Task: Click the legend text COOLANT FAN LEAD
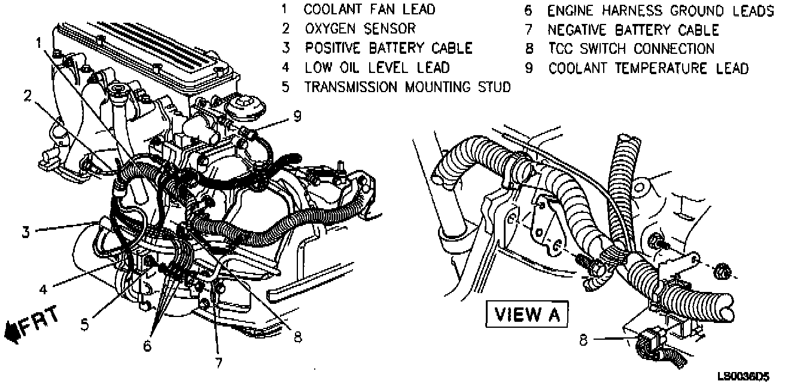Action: [x=369, y=10]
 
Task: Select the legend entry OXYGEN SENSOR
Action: [x=360, y=29]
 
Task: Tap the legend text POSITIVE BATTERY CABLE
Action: [x=388, y=48]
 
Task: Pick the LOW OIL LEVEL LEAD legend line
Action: [x=377, y=68]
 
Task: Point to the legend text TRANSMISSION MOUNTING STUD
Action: [x=407, y=87]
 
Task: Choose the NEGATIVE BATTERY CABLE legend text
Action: [x=633, y=30]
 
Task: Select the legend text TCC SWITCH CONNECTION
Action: [x=631, y=49]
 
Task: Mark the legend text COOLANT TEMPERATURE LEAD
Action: [x=648, y=68]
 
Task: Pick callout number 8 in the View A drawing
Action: [x=584, y=340]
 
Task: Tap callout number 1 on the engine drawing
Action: [x=39, y=43]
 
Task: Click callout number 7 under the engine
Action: [x=219, y=362]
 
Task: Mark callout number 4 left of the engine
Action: [x=42, y=289]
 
